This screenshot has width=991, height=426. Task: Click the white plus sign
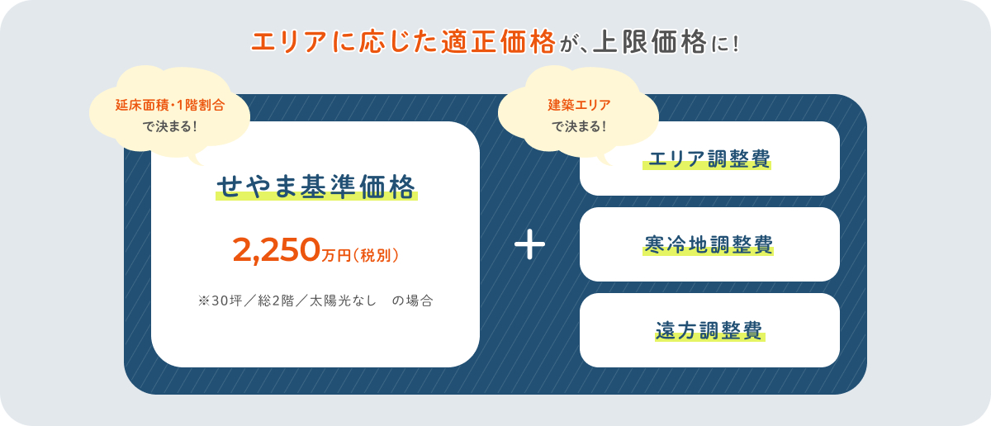[x=529, y=246]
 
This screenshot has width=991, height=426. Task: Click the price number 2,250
[x=277, y=248]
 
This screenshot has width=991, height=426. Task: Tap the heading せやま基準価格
[x=316, y=187]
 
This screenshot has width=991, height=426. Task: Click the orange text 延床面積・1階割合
[x=170, y=106]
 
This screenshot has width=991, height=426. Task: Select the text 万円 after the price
[x=337, y=255]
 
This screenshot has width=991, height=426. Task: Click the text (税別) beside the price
[x=376, y=255]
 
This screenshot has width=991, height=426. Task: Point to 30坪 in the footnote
[x=228, y=301]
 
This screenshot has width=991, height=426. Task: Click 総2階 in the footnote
[x=281, y=301]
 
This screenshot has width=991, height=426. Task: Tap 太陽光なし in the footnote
[x=344, y=301]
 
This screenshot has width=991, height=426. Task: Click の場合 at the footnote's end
[x=412, y=301]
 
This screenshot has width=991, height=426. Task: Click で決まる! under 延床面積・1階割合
[x=170, y=126]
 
